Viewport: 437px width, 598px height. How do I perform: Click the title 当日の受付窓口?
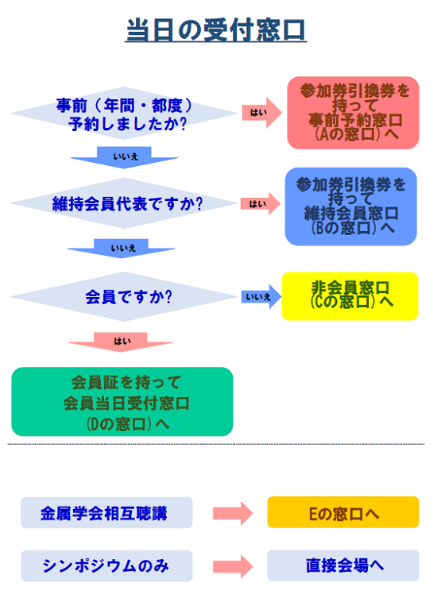(216, 29)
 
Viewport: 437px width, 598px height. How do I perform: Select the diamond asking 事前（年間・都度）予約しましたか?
(124, 114)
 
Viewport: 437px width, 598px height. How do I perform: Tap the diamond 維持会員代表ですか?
(124, 203)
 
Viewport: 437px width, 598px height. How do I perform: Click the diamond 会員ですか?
(124, 296)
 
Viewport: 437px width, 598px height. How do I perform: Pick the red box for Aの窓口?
(353, 113)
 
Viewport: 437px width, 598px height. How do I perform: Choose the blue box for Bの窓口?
(351, 206)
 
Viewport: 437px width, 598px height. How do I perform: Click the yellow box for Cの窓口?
(350, 296)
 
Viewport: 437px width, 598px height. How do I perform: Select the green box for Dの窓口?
(122, 401)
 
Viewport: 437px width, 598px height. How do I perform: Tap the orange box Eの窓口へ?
(343, 512)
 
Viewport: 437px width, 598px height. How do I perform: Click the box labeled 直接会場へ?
(343, 565)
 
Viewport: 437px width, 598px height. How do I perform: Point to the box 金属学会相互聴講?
(106, 512)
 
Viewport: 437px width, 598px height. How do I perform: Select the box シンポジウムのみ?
(106, 565)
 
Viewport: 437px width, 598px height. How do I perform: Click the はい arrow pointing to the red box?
(262, 113)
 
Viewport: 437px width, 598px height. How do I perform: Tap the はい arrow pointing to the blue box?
(261, 204)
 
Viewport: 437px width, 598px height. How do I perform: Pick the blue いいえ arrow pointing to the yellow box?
(261, 296)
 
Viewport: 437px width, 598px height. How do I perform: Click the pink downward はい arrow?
(121, 341)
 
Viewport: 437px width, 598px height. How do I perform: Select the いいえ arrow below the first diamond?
(124, 157)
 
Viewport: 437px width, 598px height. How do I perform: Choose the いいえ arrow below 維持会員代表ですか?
(122, 249)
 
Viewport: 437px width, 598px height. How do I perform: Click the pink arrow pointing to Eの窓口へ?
(233, 513)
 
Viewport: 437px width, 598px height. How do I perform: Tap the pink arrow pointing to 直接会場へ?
(233, 566)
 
